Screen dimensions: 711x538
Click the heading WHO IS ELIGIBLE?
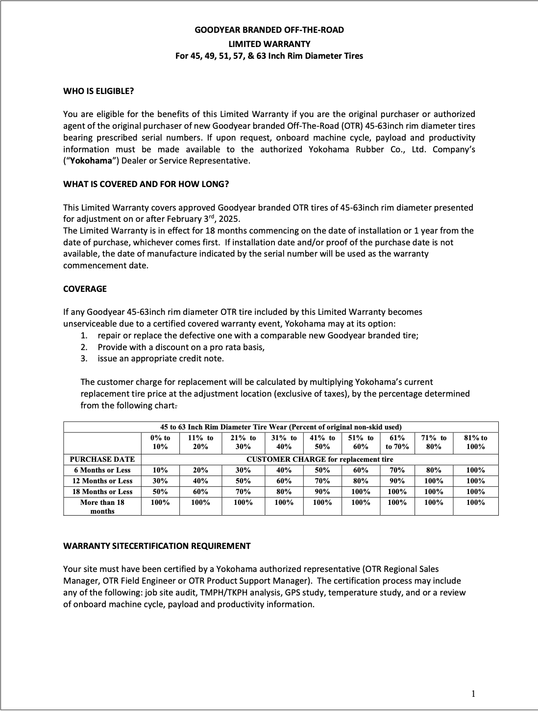point(98,91)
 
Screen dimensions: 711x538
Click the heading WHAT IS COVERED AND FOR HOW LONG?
point(146,184)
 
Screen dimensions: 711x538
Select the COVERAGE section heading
point(85,289)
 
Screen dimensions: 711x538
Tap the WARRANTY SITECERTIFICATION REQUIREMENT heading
point(157,546)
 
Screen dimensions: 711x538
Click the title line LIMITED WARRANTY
point(269,44)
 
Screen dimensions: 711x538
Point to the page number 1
point(473,693)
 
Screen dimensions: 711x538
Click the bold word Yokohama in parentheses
point(91,161)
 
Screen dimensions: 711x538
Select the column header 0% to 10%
point(160,442)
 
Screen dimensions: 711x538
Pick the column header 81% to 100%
point(475,442)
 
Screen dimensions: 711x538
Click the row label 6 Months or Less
point(102,470)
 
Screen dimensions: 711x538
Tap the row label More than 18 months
point(102,506)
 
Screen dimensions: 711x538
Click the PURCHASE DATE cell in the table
point(102,459)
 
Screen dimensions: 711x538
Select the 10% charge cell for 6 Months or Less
point(160,470)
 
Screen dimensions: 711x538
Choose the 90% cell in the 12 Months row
point(397,481)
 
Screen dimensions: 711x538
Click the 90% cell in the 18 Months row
point(322,492)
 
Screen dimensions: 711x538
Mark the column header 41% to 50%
point(322,442)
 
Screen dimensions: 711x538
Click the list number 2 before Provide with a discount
point(84,347)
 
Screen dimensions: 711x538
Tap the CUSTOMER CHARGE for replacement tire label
point(319,459)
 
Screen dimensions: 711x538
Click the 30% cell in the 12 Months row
point(160,481)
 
